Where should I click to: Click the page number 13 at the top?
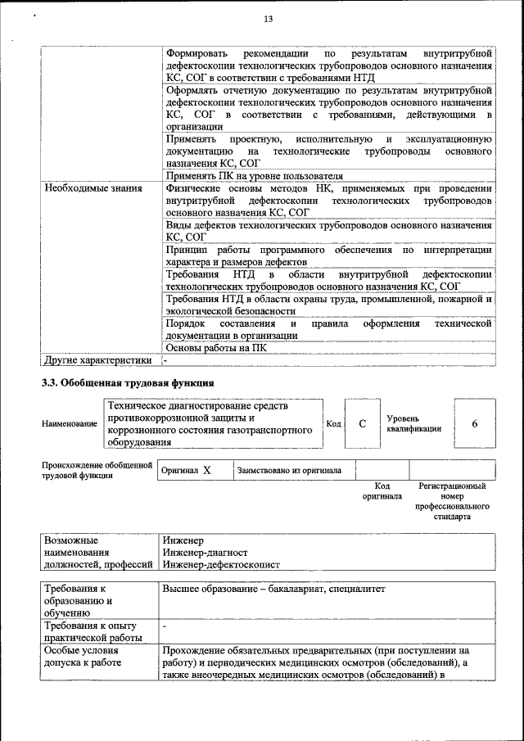pyautogui.click(x=268, y=19)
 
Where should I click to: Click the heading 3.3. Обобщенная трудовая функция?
pyautogui.click(x=128, y=382)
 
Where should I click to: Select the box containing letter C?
pyautogui.click(x=361, y=423)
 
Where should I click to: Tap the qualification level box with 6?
pyautogui.click(x=475, y=423)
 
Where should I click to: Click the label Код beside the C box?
pyautogui.click(x=333, y=423)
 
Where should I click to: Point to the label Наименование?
pyautogui.click(x=69, y=423)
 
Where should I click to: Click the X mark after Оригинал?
pyautogui.click(x=206, y=471)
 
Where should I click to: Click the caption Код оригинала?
pyautogui.click(x=382, y=491)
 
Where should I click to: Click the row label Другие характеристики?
pyautogui.click(x=98, y=359)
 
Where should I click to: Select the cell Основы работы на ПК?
pyautogui.click(x=216, y=347)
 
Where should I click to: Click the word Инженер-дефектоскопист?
pyautogui.click(x=221, y=565)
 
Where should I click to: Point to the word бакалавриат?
pyautogui.click(x=310, y=589)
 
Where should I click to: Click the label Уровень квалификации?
pyautogui.click(x=414, y=423)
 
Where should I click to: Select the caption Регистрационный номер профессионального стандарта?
pyautogui.click(x=451, y=502)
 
